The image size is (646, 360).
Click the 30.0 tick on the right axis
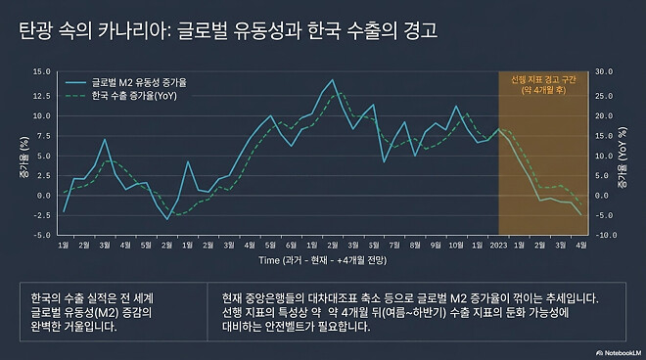click(604, 71)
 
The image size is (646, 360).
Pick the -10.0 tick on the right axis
click(604, 235)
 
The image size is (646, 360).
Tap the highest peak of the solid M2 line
click(334, 79)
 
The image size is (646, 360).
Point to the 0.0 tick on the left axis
click(43, 195)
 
